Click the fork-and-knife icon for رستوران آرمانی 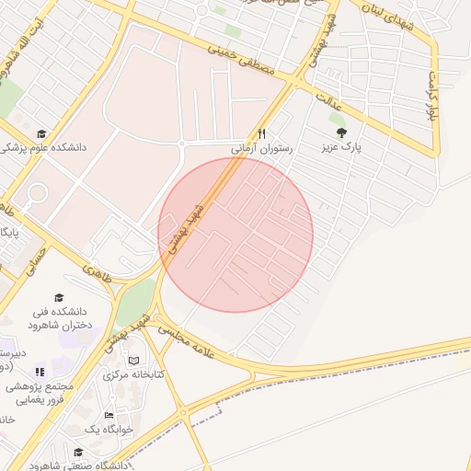(x=263, y=132)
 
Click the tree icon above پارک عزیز (x=342, y=133)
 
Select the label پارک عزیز (x=342, y=147)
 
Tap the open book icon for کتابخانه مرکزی (x=134, y=361)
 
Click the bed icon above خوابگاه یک (x=109, y=416)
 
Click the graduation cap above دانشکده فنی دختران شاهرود (x=60, y=297)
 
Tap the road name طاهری (x=97, y=272)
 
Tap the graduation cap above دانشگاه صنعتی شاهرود (x=78, y=452)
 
